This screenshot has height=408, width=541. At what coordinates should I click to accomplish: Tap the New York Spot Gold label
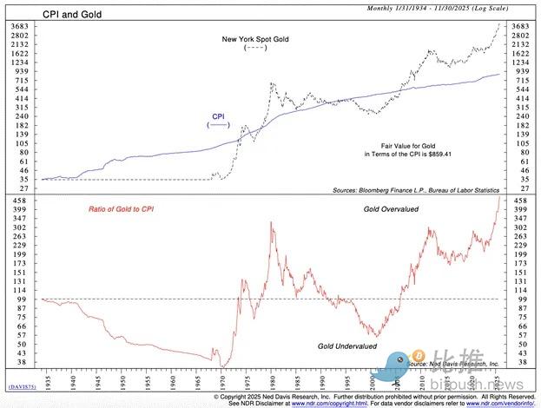255,39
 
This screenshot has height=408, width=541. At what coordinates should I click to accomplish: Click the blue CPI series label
218,115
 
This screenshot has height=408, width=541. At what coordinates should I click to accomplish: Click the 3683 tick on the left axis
18,27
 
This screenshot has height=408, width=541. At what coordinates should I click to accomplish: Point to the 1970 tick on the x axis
223,379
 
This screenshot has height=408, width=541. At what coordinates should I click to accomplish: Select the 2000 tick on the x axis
371,379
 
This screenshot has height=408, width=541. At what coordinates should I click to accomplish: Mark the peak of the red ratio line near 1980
272,222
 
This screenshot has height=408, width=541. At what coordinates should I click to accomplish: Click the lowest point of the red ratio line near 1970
223,365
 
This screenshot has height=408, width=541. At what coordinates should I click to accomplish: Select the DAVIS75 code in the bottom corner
22,385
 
